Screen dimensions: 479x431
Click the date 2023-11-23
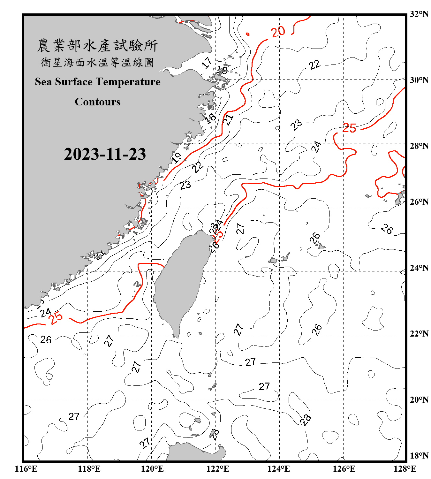pos(105,154)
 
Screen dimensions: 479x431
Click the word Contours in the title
pos(97,102)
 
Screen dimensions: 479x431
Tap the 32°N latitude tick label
pos(419,14)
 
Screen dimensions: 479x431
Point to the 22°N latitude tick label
pos(419,334)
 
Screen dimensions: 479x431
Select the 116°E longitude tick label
pos(26,469)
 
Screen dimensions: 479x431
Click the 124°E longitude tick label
pos(279,469)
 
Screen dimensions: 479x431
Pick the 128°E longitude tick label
pos(405,469)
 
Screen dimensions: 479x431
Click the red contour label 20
pos(278,32)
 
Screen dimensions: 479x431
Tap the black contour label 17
pos(207,63)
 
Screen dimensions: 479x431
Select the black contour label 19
pos(176,157)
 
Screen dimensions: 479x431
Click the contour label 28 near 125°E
pos(306,420)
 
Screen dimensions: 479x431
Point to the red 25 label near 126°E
pos(349,128)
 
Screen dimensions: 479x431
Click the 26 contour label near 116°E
pos(46,339)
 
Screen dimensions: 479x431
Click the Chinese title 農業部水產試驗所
pos(97,45)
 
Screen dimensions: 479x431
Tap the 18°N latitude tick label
pos(419,456)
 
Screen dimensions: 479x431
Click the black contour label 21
pos(228,120)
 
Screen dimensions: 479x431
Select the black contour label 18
pos(210,118)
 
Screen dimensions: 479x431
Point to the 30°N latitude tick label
pos(419,80)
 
